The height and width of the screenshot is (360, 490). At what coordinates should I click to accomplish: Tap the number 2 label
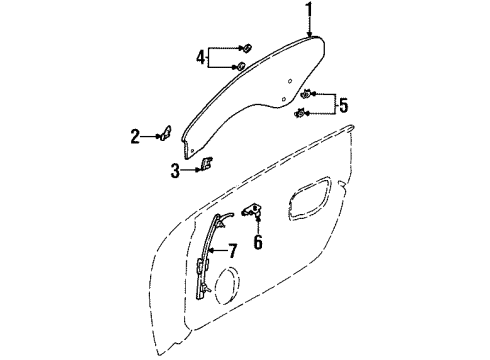134,135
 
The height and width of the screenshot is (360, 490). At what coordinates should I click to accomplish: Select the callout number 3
175,171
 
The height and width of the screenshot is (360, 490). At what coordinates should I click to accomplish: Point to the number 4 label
201,58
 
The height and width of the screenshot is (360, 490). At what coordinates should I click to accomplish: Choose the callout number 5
343,103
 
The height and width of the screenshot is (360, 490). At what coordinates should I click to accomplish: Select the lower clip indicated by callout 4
241,67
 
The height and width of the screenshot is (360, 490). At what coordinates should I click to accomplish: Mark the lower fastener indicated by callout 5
300,114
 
